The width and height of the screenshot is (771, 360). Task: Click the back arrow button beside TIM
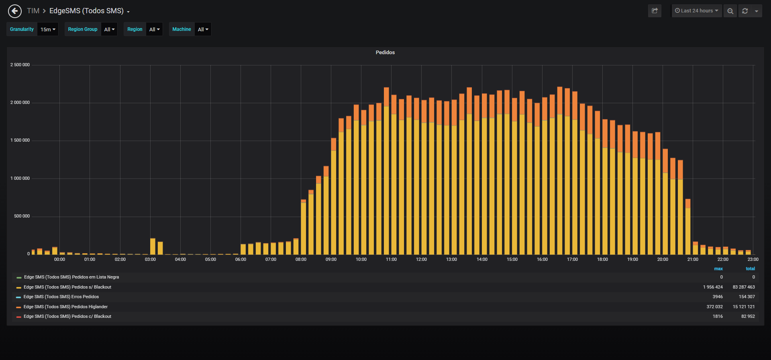point(15,11)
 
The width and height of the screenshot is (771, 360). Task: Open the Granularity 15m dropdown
point(48,29)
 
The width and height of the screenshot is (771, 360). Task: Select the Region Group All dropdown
point(109,29)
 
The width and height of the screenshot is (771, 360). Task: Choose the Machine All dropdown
point(203,29)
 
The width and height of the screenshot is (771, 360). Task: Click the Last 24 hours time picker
point(697,11)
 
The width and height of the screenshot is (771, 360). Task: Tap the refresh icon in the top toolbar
point(745,11)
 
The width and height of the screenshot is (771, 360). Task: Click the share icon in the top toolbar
point(655,11)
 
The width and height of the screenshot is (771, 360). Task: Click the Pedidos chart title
point(385,53)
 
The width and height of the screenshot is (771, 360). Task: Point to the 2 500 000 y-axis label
point(20,65)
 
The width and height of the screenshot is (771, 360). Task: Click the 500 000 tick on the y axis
point(22,216)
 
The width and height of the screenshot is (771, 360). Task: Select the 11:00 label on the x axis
point(391,259)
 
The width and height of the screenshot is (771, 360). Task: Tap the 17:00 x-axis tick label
point(572,259)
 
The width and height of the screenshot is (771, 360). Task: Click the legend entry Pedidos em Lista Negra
point(71,277)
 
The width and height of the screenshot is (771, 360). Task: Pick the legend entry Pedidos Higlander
point(65,307)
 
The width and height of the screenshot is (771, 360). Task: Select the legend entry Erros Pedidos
point(61,297)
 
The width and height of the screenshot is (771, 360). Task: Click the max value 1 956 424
point(713,287)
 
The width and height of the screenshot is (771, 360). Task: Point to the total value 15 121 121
point(744,307)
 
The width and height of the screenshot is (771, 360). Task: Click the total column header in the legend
point(750,268)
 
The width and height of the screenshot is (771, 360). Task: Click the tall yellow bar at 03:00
point(153,246)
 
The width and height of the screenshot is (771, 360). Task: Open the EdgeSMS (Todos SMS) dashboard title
point(86,11)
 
